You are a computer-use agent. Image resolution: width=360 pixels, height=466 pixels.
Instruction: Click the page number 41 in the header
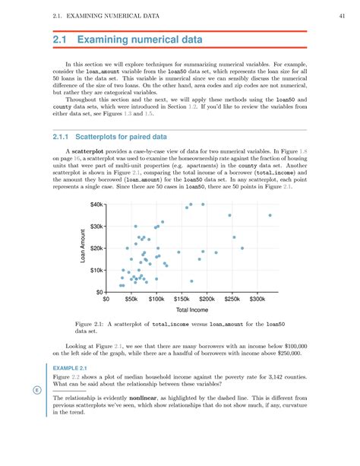click(x=343, y=16)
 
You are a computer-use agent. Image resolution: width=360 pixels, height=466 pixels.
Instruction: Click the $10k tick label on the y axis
click(x=95, y=270)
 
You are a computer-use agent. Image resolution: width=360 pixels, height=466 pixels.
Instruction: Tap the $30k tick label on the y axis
click(x=95, y=227)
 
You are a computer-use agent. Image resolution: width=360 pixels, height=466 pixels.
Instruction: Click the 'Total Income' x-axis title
click(x=193, y=311)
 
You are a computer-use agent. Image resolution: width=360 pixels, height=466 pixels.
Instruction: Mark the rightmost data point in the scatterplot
click(x=270, y=215)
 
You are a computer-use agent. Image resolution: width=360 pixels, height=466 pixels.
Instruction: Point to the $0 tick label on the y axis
click(x=98, y=292)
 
